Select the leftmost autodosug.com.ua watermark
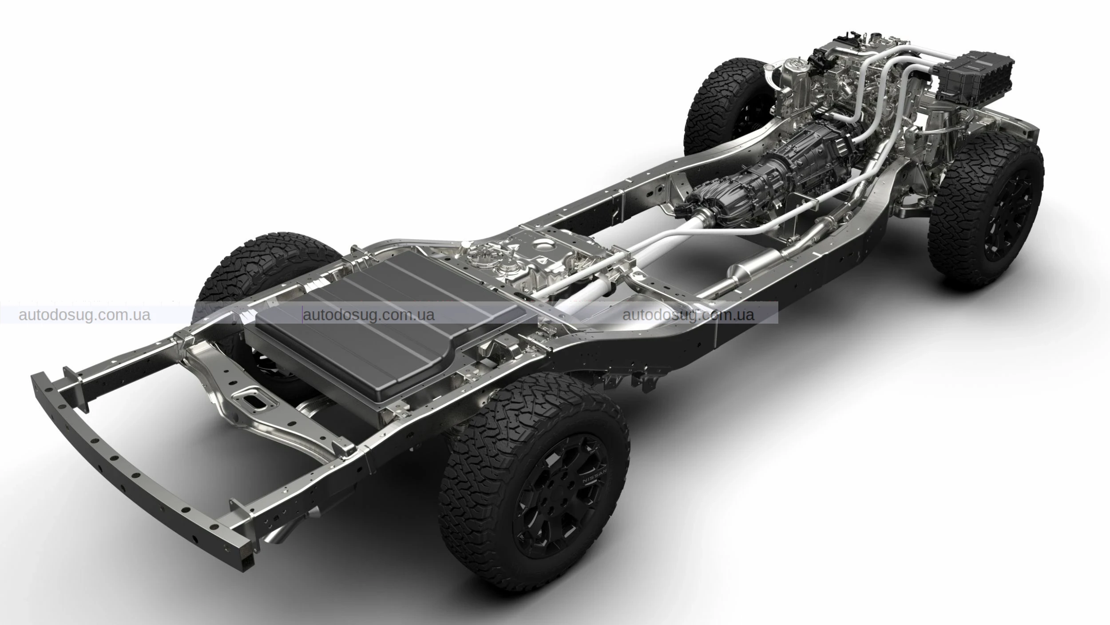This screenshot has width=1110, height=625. click(84, 315)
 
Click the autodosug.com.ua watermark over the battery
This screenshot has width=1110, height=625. click(368, 315)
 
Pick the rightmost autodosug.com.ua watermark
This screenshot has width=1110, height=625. click(688, 315)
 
